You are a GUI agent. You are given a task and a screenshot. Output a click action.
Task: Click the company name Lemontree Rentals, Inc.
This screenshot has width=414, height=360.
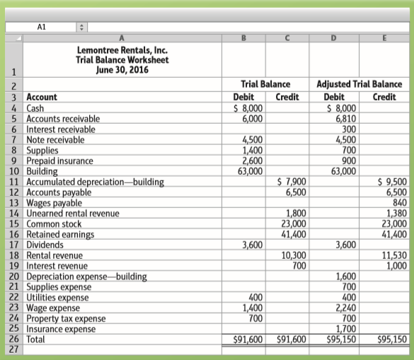(122, 51)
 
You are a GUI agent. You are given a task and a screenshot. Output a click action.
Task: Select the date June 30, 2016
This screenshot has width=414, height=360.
(122, 71)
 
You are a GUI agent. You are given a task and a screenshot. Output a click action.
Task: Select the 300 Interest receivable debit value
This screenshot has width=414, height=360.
(348, 129)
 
